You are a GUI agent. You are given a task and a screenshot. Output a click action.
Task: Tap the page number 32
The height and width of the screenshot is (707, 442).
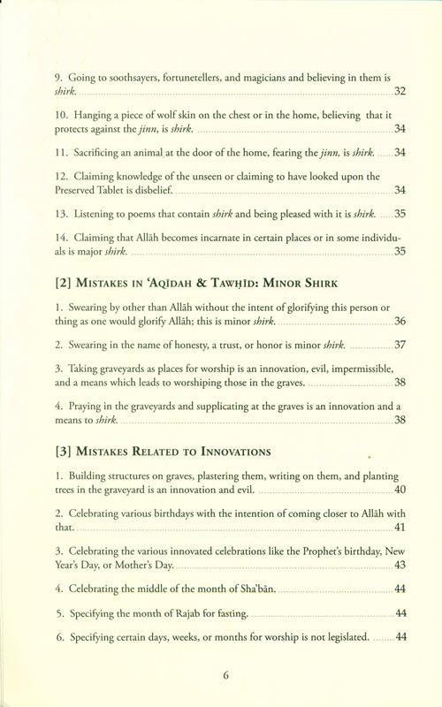click(400, 91)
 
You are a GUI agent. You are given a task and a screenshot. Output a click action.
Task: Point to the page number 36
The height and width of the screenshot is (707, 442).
click(400, 320)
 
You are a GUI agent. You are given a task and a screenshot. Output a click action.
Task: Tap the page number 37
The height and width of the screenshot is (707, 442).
click(400, 344)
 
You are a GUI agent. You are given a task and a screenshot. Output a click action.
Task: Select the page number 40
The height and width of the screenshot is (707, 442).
click(400, 490)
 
